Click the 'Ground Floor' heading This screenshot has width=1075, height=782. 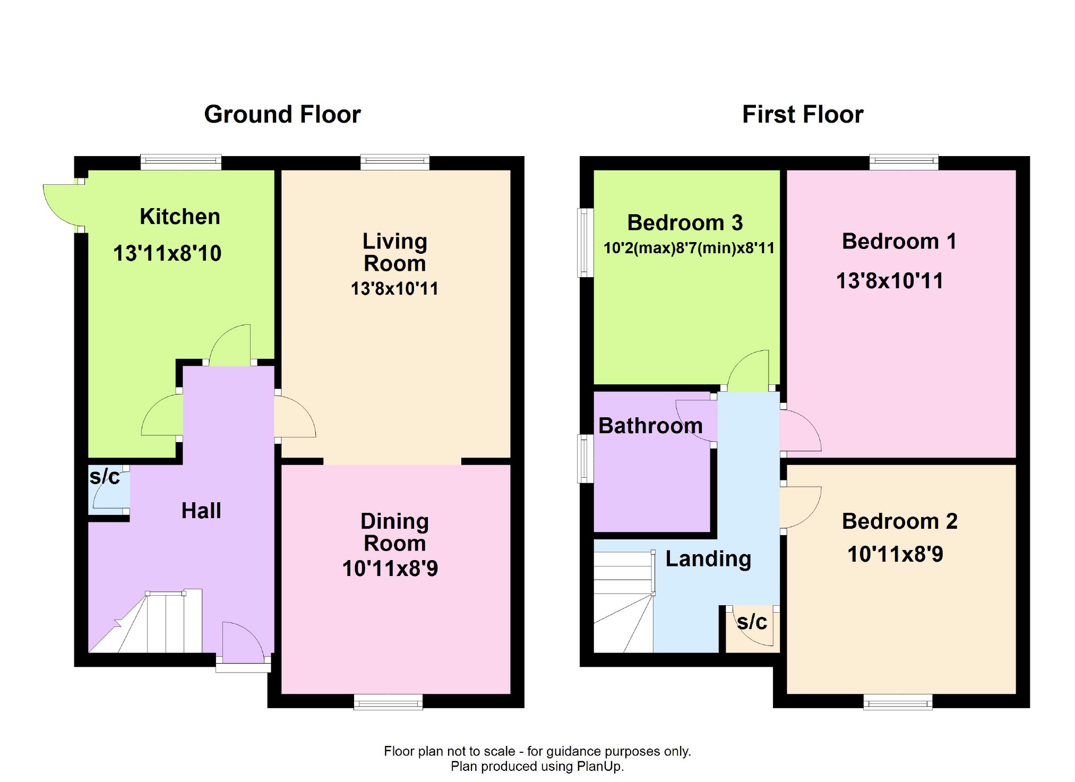click(282, 115)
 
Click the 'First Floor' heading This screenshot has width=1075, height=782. click(803, 115)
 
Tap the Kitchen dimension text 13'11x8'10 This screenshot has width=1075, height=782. click(167, 253)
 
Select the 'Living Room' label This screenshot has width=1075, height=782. click(395, 252)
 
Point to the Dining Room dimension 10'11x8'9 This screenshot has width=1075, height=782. click(390, 569)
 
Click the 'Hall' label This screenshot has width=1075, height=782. click(201, 511)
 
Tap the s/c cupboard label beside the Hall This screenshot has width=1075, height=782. click(105, 477)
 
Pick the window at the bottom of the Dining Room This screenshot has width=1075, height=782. click(388, 702)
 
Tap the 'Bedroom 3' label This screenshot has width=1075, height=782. click(685, 223)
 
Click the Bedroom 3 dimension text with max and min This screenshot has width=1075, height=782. click(689, 248)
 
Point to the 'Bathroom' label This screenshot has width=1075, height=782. click(650, 426)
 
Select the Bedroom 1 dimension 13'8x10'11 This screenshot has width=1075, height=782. click(890, 281)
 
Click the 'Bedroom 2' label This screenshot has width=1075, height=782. click(900, 521)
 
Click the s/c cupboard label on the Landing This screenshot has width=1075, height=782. click(752, 622)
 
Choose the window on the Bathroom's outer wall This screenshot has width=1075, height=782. click(586, 459)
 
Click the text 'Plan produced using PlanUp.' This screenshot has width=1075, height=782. click(537, 766)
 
